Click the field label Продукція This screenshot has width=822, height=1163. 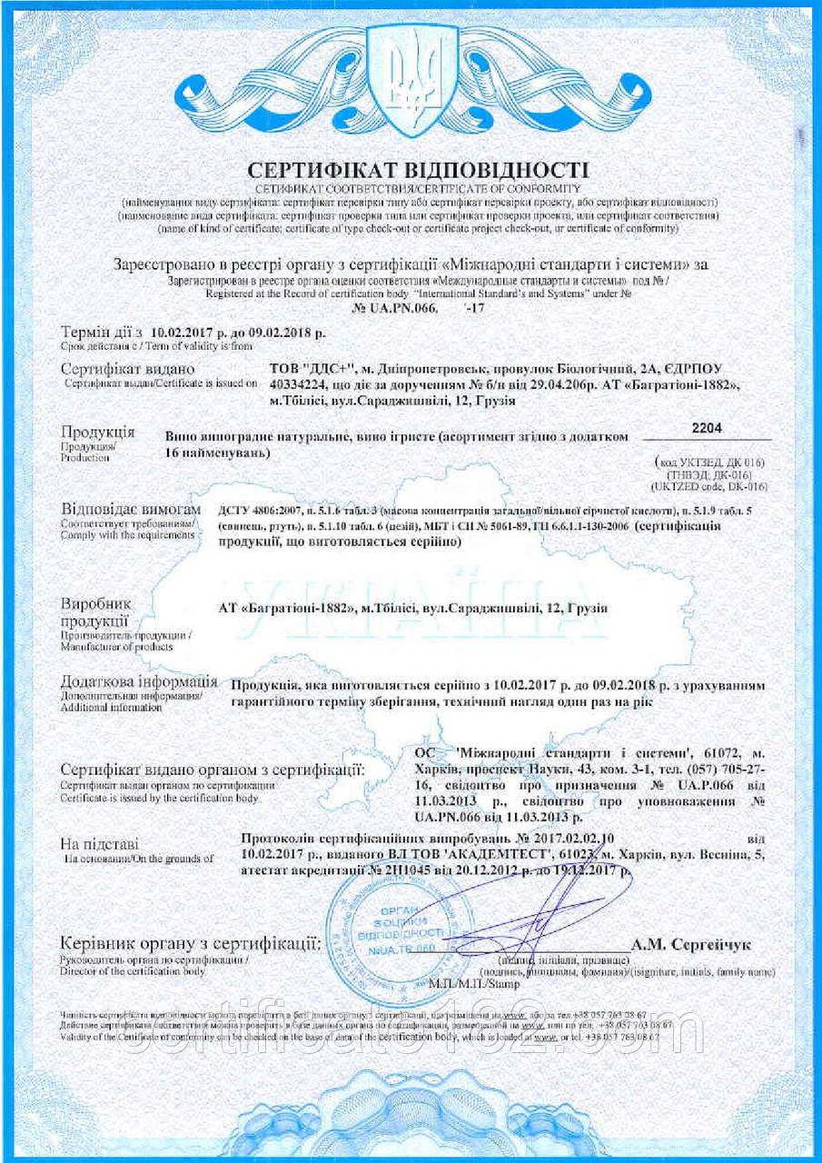tap(97, 431)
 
